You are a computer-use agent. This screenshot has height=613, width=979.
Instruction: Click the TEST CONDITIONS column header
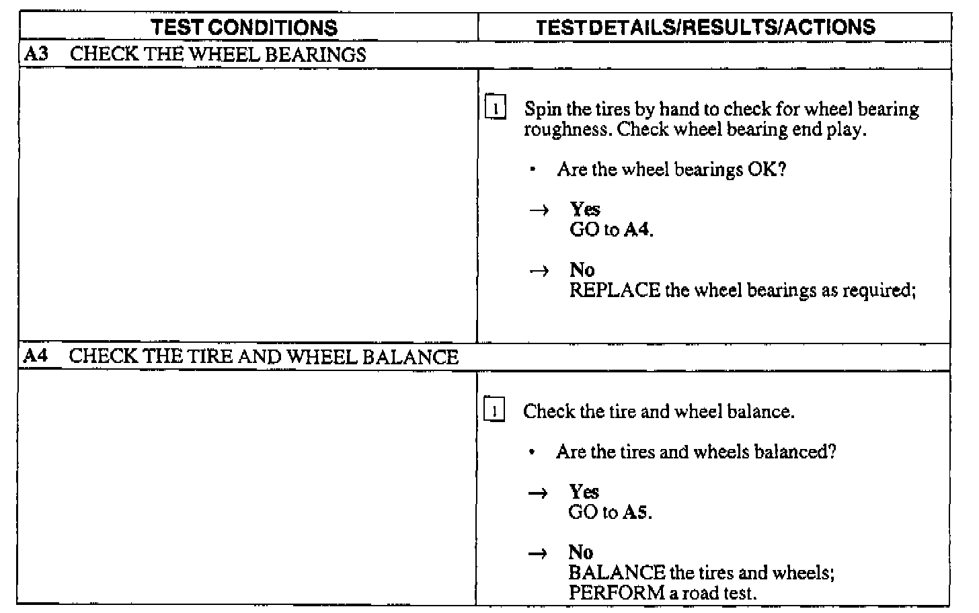[244, 27]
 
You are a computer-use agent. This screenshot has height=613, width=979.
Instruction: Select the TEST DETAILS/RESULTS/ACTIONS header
[705, 27]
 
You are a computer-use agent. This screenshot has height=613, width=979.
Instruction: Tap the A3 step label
[36, 54]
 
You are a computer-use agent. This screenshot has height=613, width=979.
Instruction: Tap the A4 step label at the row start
[36, 356]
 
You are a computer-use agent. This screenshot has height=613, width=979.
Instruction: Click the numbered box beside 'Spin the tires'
[496, 108]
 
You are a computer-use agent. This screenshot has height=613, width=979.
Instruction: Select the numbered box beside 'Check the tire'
[494, 410]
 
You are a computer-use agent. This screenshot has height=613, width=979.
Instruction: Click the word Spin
[543, 110]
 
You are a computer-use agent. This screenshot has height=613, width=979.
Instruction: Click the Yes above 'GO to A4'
[585, 209]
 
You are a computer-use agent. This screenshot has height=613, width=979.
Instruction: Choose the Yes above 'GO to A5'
[584, 491]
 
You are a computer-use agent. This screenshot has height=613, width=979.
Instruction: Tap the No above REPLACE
[582, 270]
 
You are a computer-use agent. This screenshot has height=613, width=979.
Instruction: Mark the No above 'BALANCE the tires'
[581, 553]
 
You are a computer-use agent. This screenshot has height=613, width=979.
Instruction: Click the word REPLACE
[615, 290]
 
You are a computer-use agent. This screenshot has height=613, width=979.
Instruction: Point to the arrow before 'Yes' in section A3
[539, 210]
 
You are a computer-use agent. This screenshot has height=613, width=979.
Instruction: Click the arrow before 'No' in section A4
[538, 553]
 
